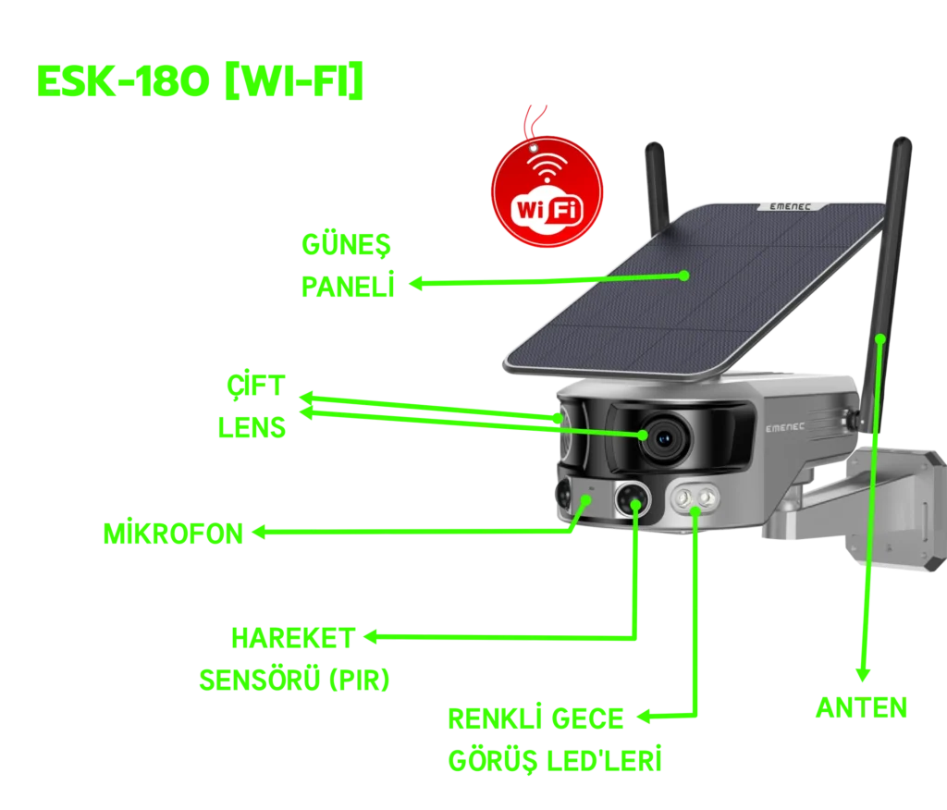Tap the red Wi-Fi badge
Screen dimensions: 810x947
[x=547, y=193]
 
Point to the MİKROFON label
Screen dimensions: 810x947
[x=173, y=533]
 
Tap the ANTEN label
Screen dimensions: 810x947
[x=861, y=710]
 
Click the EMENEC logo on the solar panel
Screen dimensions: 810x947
[x=783, y=207]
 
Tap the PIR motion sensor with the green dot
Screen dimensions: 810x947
[x=634, y=500]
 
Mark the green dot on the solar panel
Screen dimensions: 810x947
[x=683, y=275]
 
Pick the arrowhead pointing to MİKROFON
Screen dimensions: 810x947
[x=260, y=532]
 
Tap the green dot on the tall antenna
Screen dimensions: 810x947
[x=879, y=338]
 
